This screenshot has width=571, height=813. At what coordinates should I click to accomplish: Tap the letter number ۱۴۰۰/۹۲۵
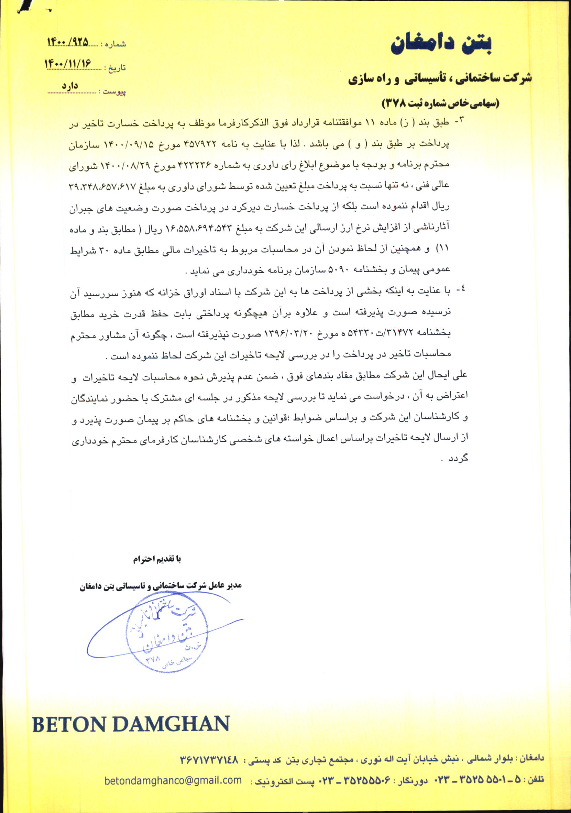tap(67, 42)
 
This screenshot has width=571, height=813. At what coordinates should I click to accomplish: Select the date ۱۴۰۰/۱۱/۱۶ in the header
tap(68, 64)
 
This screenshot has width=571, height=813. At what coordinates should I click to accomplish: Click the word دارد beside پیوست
tap(70, 86)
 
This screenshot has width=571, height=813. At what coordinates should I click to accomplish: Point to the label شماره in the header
tap(114, 45)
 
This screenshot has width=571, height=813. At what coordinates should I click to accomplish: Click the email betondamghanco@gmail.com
tap(173, 780)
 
